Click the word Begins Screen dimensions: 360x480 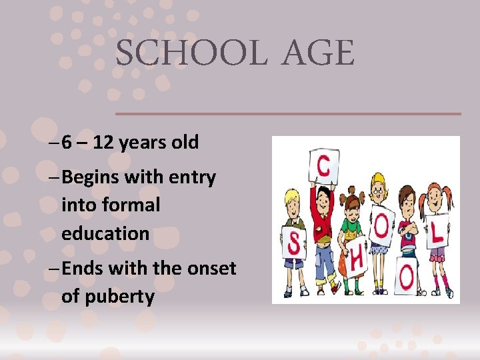click(x=95, y=178)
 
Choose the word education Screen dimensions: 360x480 click(x=105, y=233)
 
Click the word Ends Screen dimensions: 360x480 click(x=85, y=268)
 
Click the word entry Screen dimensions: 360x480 click(x=191, y=178)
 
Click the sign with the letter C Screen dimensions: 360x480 click(x=323, y=167)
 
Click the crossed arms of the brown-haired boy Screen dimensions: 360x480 click(x=409, y=230)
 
